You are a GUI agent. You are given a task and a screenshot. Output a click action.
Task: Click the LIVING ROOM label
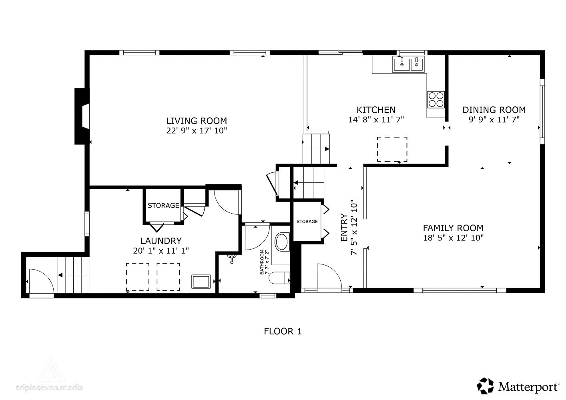[196, 121]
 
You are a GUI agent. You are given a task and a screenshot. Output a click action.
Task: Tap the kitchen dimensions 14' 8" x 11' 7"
[376, 120]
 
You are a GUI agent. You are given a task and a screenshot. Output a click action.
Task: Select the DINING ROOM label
[494, 110]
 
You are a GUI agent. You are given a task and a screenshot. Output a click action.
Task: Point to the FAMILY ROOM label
[453, 228]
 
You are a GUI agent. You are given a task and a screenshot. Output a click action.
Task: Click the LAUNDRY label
[161, 241]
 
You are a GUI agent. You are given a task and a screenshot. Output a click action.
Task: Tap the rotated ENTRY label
[344, 228]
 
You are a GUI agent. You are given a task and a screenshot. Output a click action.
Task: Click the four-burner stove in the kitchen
[436, 100]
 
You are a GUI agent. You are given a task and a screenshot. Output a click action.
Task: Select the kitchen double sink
[408, 64]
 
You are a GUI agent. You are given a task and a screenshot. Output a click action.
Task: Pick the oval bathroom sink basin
[281, 242]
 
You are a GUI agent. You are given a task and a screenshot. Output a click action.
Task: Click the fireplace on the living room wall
[82, 116]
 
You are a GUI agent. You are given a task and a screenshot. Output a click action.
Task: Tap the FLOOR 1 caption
[283, 331]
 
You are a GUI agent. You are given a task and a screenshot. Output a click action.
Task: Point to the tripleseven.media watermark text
[50, 387]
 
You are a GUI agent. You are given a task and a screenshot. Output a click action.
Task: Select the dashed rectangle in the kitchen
[392, 149]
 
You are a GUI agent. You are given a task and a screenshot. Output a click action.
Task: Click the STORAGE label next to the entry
[307, 222]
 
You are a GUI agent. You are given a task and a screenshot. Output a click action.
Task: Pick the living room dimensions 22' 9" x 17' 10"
[197, 131]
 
